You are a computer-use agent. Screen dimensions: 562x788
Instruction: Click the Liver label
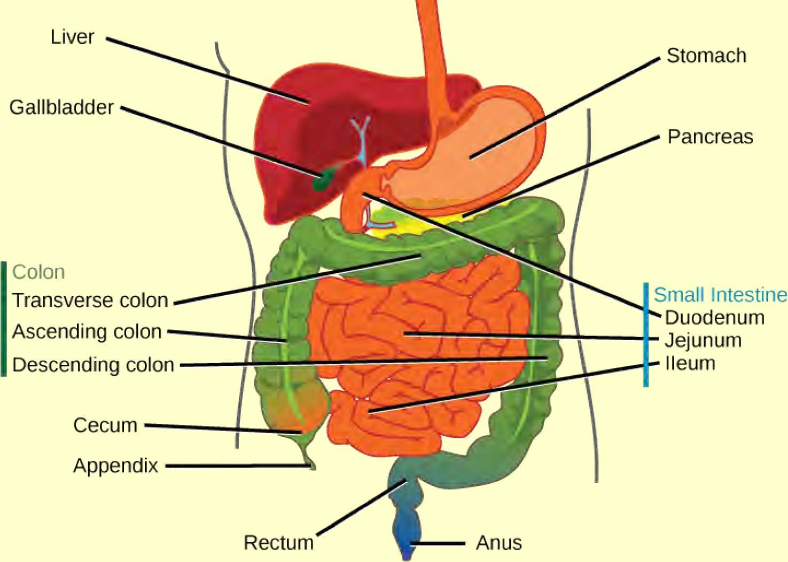pos(72,37)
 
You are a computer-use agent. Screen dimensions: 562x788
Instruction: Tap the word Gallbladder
pos(61,107)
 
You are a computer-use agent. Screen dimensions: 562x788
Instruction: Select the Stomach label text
pos(706,56)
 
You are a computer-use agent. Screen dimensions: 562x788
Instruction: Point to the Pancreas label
pos(710,137)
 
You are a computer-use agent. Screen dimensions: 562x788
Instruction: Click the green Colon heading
pos(38,272)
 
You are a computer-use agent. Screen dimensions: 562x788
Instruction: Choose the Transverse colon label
pos(90,300)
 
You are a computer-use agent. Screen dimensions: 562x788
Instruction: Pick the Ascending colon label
pos(87,332)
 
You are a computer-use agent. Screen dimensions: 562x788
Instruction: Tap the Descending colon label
pos(93,365)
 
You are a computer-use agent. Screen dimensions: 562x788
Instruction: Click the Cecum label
pos(105,425)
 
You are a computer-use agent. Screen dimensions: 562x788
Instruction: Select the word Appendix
pos(115,466)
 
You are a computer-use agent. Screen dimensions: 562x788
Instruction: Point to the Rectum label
pos(278,543)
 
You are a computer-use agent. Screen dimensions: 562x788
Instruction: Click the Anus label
pos(498,543)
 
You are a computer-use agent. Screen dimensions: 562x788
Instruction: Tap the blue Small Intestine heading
pos(720,295)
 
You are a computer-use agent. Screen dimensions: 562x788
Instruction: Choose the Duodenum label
pos(714,318)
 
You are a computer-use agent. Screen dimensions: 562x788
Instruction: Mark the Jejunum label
pos(703,341)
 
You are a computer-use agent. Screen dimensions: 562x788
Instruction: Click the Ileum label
pos(690,363)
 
